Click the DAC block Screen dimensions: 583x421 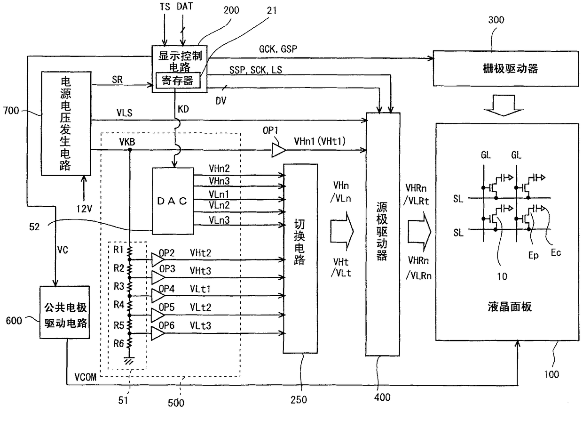point(173,201)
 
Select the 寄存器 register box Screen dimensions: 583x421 point(178,81)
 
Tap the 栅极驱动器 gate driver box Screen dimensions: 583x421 point(506,68)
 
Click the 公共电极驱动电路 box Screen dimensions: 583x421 point(65,312)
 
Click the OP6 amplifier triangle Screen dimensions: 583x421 point(158,333)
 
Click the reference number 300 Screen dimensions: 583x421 point(496,20)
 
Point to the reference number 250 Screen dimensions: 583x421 point(299,400)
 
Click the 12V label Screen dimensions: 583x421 point(84,209)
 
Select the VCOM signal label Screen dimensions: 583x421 point(86,377)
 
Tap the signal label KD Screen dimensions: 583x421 point(183,109)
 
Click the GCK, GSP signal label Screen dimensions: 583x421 point(278,49)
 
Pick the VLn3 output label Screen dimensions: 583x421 point(219,220)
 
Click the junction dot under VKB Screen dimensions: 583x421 point(130,150)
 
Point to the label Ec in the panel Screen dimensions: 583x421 point(556,252)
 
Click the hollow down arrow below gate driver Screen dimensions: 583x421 point(504,105)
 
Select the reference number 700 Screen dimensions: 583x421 point(11,111)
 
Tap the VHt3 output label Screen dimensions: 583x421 point(200,271)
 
